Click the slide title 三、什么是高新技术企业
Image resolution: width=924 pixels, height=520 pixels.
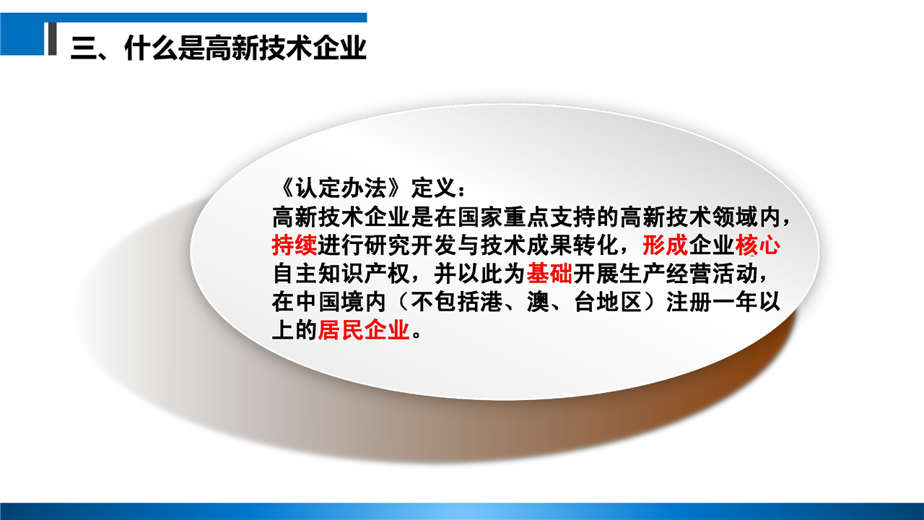pyautogui.click(x=219, y=48)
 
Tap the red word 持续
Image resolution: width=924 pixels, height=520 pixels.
pyautogui.click(x=295, y=246)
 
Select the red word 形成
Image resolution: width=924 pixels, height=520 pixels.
pyautogui.click(x=666, y=246)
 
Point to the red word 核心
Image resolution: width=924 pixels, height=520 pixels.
pyautogui.click(x=757, y=246)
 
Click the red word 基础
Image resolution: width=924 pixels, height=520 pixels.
pyautogui.click(x=549, y=274)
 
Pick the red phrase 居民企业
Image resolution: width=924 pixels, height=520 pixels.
pyautogui.click(x=364, y=330)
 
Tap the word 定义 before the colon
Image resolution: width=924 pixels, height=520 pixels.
pyautogui.click(x=433, y=189)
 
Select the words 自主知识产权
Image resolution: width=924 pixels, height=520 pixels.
pyautogui.click(x=341, y=274)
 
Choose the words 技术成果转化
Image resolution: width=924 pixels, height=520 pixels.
pyautogui.click(x=549, y=246)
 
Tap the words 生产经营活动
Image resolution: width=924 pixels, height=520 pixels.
pyautogui.click(x=688, y=274)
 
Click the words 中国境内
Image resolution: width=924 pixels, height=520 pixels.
pyautogui.click(x=341, y=302)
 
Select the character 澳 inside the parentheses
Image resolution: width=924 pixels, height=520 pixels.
pyautogui.click(x=539, y=302)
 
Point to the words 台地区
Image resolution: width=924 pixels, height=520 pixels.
pyautogui.click(x=608, y=302)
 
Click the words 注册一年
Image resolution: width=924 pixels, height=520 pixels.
pyautogui.click(x=712, y=302)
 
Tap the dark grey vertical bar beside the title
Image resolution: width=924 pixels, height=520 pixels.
pyautogui.click(x=53, y=39)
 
